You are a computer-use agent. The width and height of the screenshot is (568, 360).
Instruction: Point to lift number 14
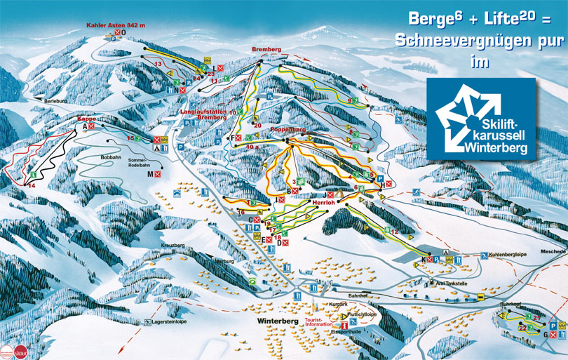pyautogui.click(x=30, y=186)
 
